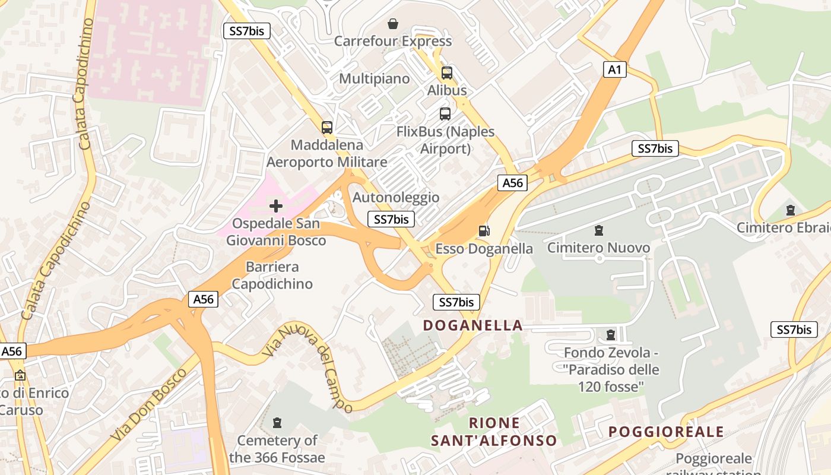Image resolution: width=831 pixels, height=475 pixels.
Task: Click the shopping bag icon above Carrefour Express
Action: click(393, 24)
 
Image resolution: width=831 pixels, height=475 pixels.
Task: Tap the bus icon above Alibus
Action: click(446, 73)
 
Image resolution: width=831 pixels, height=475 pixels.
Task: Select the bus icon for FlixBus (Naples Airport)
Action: click(445, 114)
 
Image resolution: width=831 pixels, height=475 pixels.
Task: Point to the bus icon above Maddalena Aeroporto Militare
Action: click(326, 127)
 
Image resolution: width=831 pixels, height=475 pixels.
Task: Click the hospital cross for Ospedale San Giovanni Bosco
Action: click(276, 206)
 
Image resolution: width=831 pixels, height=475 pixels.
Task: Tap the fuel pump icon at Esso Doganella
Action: click(484, 231)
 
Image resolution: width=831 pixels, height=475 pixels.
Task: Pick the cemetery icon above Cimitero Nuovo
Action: click(598, 230)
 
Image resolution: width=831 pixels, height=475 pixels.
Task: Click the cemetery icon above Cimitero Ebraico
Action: click(790, 210)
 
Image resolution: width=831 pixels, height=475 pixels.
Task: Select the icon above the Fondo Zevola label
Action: click(611, 335)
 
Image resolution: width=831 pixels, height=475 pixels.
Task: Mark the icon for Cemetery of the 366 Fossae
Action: click(277, 423)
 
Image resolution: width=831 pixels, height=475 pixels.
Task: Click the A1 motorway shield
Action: click(614, 69)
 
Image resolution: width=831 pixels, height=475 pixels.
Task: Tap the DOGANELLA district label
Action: click(472, 325)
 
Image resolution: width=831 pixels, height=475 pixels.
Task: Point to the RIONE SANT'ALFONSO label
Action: click(494, 432)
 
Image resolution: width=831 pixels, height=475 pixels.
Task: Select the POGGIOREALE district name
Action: click(667, 432)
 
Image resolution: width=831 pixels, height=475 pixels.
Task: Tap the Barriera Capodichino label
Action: click(272, 275)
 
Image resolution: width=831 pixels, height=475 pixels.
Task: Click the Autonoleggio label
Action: click(396, 197)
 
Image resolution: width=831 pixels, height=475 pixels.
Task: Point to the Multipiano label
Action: click(374, 78)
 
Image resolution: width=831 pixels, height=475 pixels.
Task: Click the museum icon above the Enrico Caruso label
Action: click(20, 375)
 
